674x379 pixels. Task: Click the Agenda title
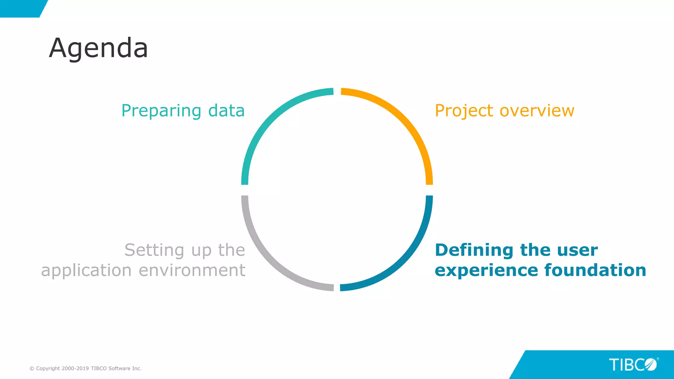98,48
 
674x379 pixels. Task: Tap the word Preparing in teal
161,111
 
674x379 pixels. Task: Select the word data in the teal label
226,111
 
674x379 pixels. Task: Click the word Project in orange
464,111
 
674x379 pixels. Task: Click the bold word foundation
595,270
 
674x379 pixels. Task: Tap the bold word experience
486,271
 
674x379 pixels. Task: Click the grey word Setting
154,250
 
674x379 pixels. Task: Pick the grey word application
86,271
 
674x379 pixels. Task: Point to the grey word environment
192,270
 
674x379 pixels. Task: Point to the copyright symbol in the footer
32,368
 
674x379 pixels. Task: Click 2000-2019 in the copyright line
75,368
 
